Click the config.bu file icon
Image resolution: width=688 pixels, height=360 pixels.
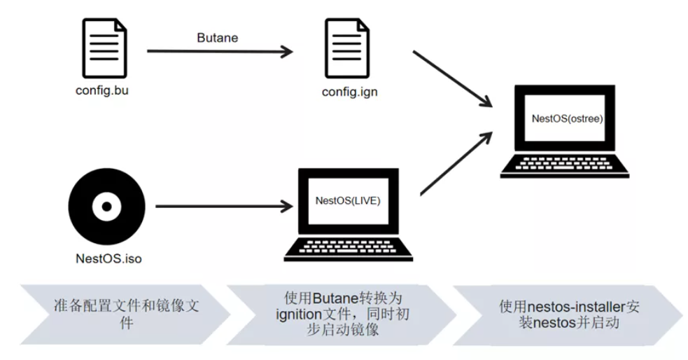104,48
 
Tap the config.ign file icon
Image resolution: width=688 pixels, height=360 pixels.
347,48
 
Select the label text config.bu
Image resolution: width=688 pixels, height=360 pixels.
101,90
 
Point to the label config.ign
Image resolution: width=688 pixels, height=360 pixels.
350,92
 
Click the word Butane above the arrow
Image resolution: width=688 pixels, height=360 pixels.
217,38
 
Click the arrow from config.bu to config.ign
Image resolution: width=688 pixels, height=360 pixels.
220,51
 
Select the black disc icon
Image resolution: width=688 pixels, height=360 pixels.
106,207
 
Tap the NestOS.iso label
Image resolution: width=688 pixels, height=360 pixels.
108,258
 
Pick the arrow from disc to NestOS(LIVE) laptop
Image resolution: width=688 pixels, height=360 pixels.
224,206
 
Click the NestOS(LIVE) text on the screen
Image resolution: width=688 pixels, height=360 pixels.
348,200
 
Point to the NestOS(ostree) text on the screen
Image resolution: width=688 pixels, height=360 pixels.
568,118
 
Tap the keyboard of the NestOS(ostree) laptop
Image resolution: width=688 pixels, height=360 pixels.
564,163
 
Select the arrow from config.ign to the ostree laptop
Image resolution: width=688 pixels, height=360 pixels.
452,79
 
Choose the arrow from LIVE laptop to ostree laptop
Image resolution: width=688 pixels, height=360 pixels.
456,163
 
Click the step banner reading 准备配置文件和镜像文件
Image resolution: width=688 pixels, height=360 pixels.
125,314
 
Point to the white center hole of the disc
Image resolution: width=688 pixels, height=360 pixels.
106,207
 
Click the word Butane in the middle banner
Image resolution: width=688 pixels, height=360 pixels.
335,298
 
